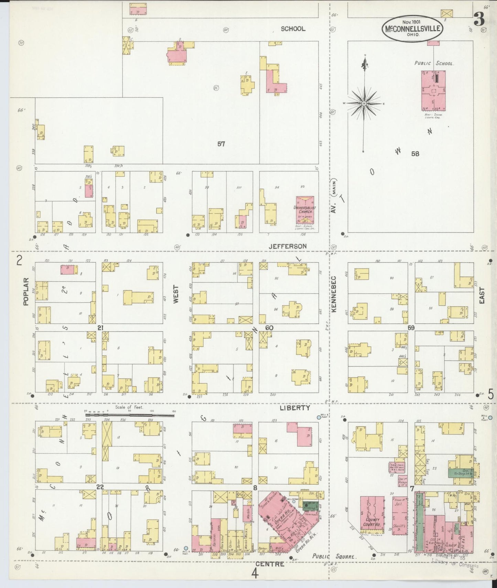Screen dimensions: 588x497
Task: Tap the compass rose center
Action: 364,103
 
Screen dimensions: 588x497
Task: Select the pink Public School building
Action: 433,90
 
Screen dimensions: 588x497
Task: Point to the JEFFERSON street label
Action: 288,246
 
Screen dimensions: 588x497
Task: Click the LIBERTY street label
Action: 295,408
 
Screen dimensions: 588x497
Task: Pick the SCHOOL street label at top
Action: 293,29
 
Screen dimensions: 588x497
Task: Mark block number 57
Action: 221,144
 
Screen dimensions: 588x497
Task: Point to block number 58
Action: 415,154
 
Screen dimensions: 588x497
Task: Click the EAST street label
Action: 482,295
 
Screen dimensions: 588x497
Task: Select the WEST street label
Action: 176,294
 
